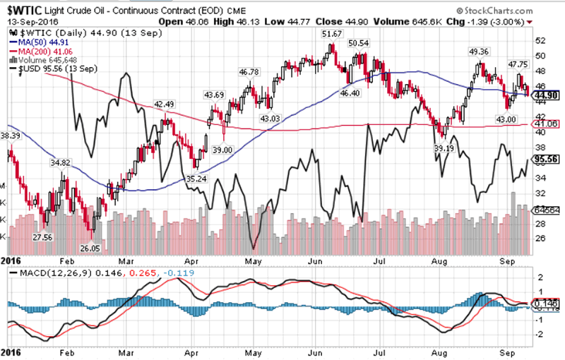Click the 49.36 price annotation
(479, 52)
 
